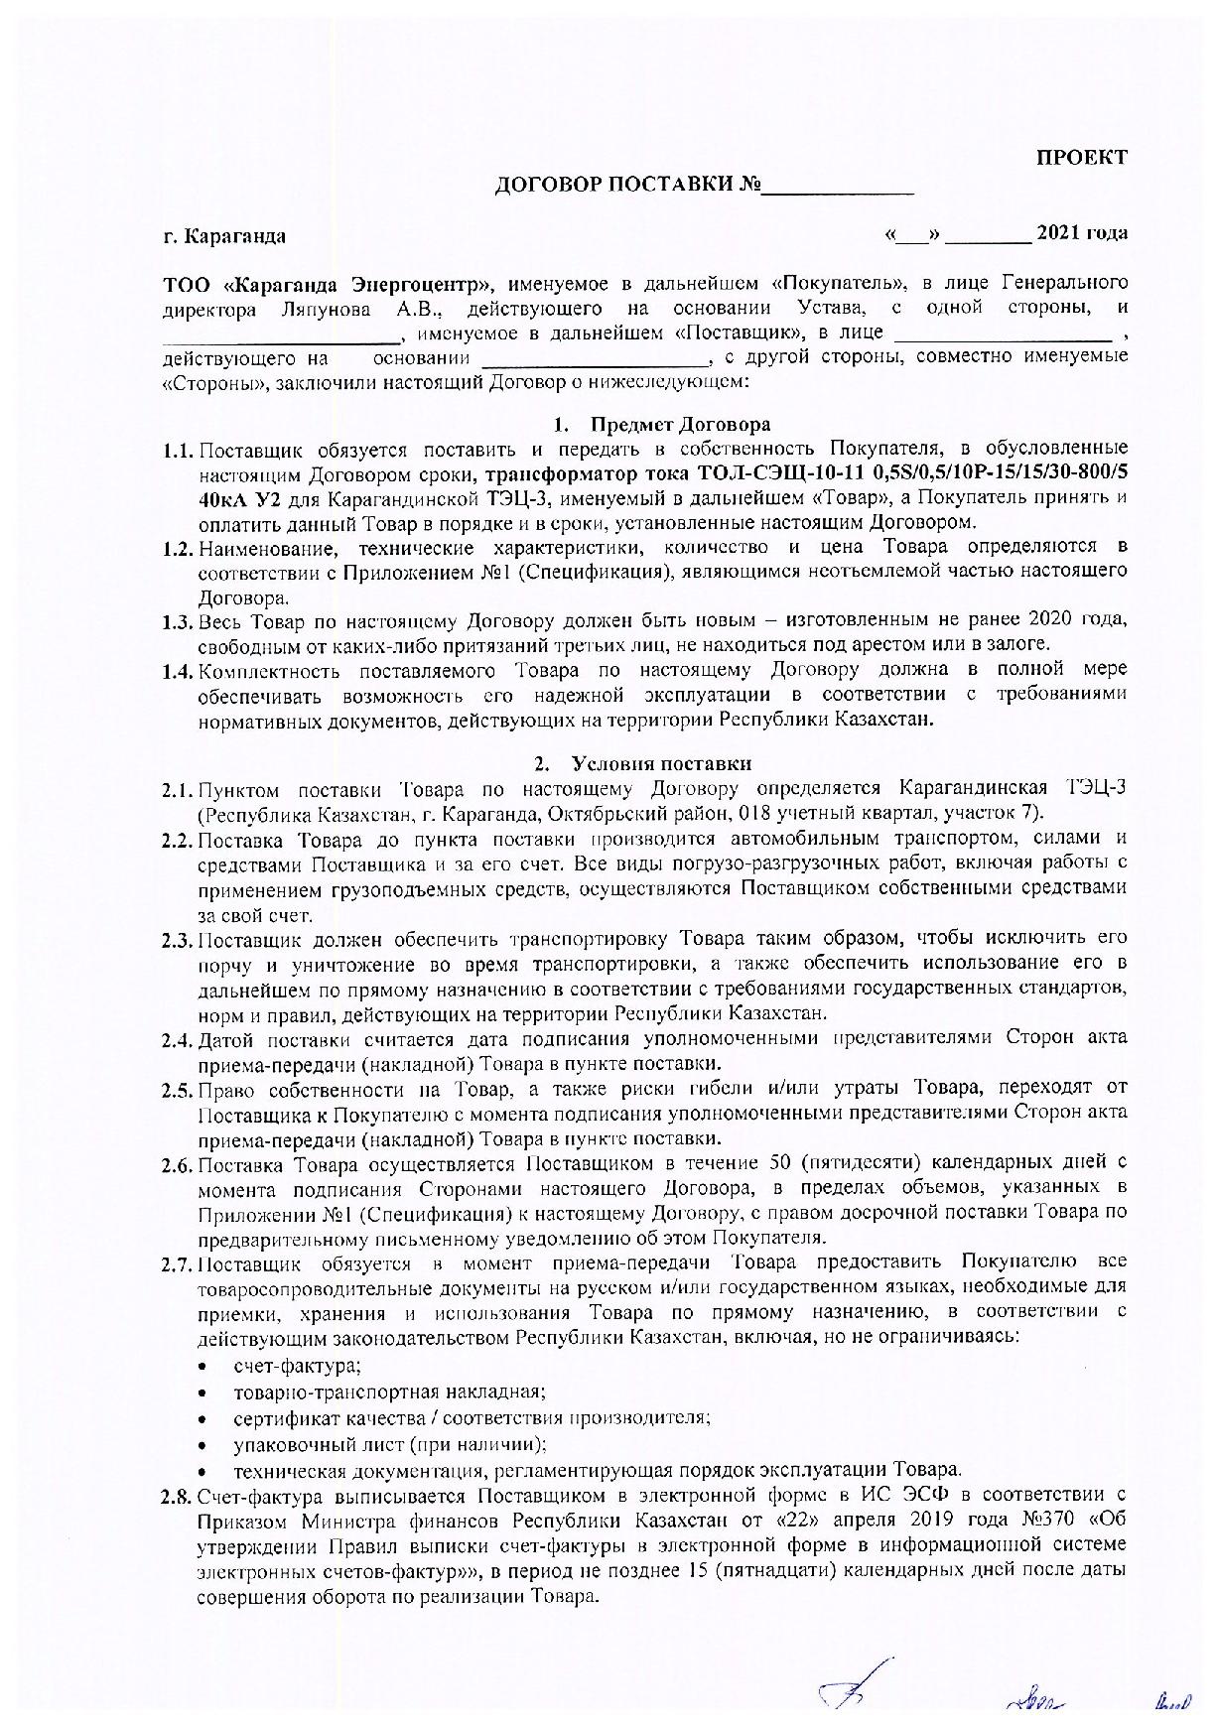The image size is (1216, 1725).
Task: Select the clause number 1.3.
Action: (x=178, y=622)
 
